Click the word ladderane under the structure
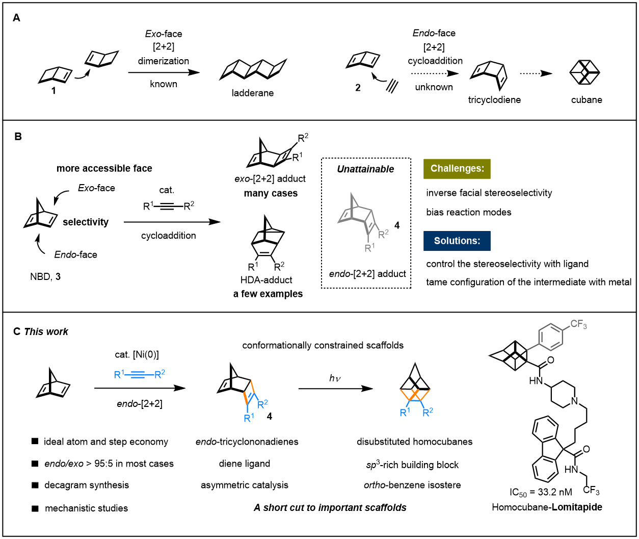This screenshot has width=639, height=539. pyautogui.click(x=252, y=93)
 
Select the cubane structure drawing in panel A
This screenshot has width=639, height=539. pyautogui.click(x=584, y=72)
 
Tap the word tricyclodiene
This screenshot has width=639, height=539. pyautogui.click(x=494, y=100)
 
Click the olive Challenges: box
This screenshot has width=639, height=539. pyautogui.click(x=457, y=169)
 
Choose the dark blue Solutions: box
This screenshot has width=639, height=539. pyautogui.click(x=457, y=241)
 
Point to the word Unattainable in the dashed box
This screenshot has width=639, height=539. pyautogui.click(x=365, y=169)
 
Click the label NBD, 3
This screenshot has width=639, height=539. pyautogui.click(x=45, y=276)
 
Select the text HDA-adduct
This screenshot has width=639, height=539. pyautogui.click(x=266, y=279)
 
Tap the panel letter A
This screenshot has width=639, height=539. pyautogui.click(x=16, y=18)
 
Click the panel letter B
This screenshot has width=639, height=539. pyautogui.click(x=18, y=136)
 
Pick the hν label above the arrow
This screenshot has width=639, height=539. pyautogui.click(x=335, y=378)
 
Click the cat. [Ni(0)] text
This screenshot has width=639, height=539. pyautogui.click(x=137, y=354)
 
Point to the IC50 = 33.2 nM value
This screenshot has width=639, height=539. pyautogui.click(x=541, y=492)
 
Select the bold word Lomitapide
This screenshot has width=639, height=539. pyautogui.click(x=577, y=507)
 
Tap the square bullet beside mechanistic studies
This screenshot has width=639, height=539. pyautogui.click(x=35, y=508)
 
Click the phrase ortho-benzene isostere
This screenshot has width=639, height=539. pyautogui.click(x=412, y=485)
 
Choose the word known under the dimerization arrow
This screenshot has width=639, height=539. pyautogui.click(x=164, y=84)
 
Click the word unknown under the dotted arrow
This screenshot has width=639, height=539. pyautogui.click(x=434, y=87)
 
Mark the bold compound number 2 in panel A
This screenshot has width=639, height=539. pyautogui.click(x=358, y=88)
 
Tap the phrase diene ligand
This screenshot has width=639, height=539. pyautogui.click(x=245, y=464)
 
